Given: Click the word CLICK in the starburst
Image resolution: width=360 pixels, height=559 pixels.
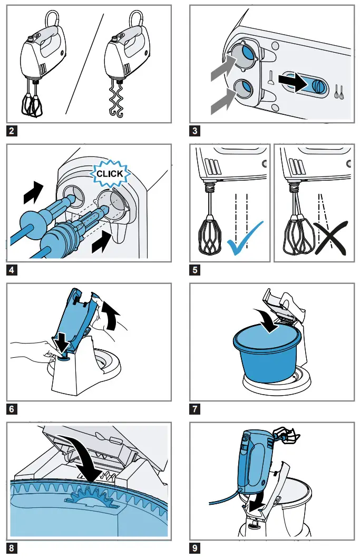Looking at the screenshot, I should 110,173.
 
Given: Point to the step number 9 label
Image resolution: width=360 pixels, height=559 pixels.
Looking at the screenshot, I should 195,548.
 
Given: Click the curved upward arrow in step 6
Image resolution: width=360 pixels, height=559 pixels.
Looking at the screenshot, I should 112,317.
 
